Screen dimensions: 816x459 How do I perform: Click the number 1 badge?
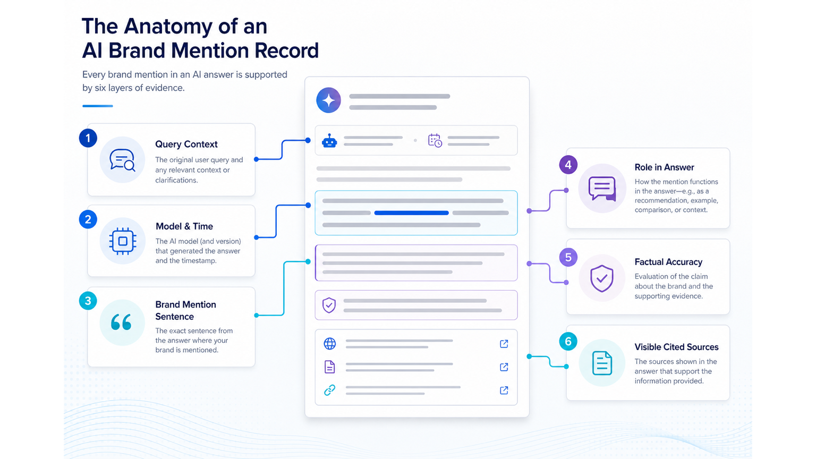(88, 138)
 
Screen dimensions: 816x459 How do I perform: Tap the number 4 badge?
(568, 165)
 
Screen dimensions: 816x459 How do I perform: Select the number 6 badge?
(568, 342)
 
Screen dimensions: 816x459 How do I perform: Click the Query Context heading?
(186, 144)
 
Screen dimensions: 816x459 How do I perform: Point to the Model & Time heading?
(184, 226)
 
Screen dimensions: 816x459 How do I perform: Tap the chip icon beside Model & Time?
(123, 241)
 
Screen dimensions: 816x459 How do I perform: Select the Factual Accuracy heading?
(668, 262)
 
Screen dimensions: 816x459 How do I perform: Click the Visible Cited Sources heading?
(676, 347)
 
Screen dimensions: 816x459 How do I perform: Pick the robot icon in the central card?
(329, 141)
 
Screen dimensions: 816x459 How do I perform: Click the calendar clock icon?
(435, 140)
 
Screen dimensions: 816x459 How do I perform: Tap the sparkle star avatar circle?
(329, 100)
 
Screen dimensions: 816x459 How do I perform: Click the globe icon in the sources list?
(330, 344)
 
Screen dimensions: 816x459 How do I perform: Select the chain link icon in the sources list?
(330, 390)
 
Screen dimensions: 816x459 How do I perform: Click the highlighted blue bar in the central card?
(411, 212)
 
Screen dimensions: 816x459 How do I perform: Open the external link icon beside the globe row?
(504, 344)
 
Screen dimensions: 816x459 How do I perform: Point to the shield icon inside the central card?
(329, 305)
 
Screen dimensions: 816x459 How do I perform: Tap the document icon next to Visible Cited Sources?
(602, 363)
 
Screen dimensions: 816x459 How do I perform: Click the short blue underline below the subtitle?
(98, 106)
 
